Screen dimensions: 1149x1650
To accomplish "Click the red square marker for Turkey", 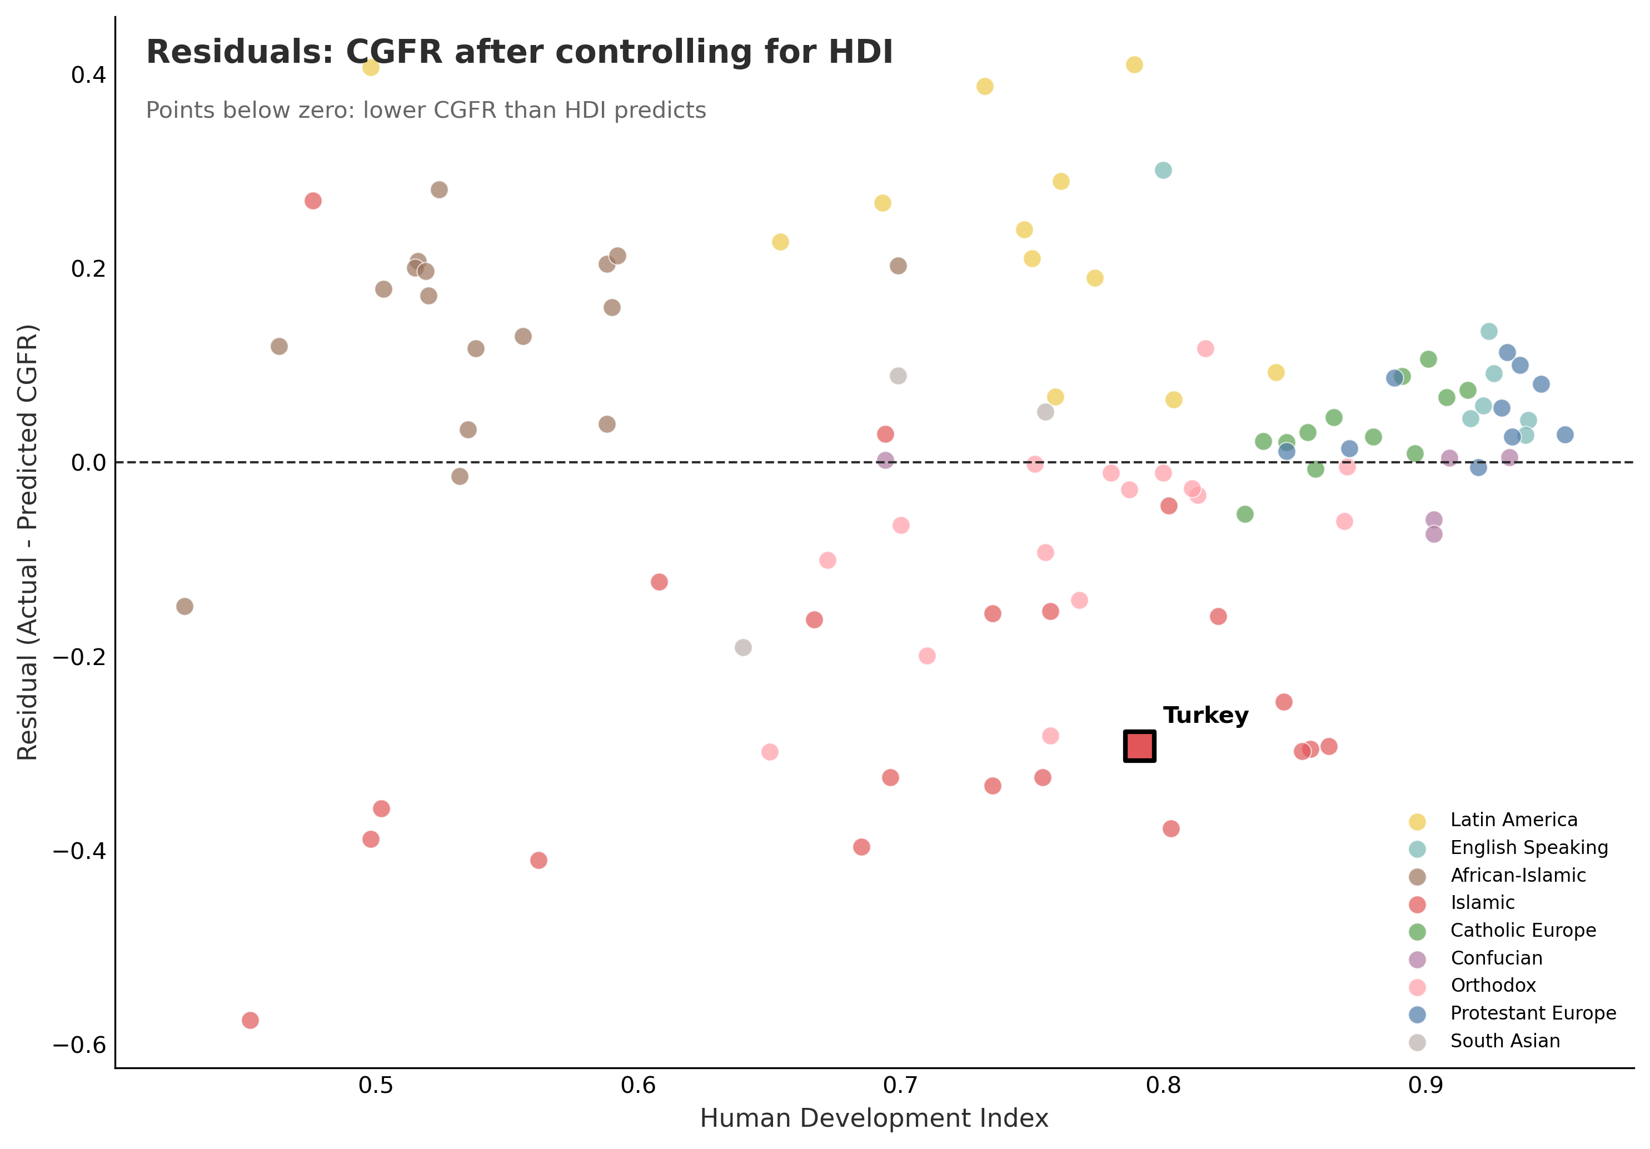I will coord(1139,746).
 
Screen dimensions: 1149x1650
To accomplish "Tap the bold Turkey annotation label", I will coord(1205,715).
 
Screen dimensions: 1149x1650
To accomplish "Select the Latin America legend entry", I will coord(1513,820).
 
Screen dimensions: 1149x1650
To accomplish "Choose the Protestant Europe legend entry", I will coord(1533,1013).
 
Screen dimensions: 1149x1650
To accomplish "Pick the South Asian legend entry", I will coord(1505,1041).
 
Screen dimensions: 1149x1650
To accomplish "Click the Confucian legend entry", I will coord(1496,958).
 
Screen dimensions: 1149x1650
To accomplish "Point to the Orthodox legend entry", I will coord(1493,985).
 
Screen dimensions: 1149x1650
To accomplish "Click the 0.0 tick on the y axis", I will coord(88,463).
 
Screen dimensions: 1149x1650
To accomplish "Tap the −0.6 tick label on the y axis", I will coord(79,1045).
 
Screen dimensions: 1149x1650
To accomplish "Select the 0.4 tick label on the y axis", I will coord(88,75).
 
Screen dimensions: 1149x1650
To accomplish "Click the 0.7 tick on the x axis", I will coord(900,1086).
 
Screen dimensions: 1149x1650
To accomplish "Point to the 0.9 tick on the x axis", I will coord(1426,1086).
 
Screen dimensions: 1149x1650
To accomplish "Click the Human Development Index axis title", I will coord(874,1119).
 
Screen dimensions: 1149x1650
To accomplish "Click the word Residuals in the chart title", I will coord(240,52).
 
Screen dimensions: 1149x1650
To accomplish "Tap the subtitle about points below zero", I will coord(426,111).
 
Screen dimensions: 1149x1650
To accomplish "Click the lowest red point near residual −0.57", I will coord(250,1020).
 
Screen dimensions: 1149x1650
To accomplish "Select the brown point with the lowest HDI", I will coord(185,607).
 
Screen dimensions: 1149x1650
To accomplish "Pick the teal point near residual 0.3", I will coord(1163,171).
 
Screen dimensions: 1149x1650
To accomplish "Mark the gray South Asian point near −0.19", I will coord(743,647).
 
